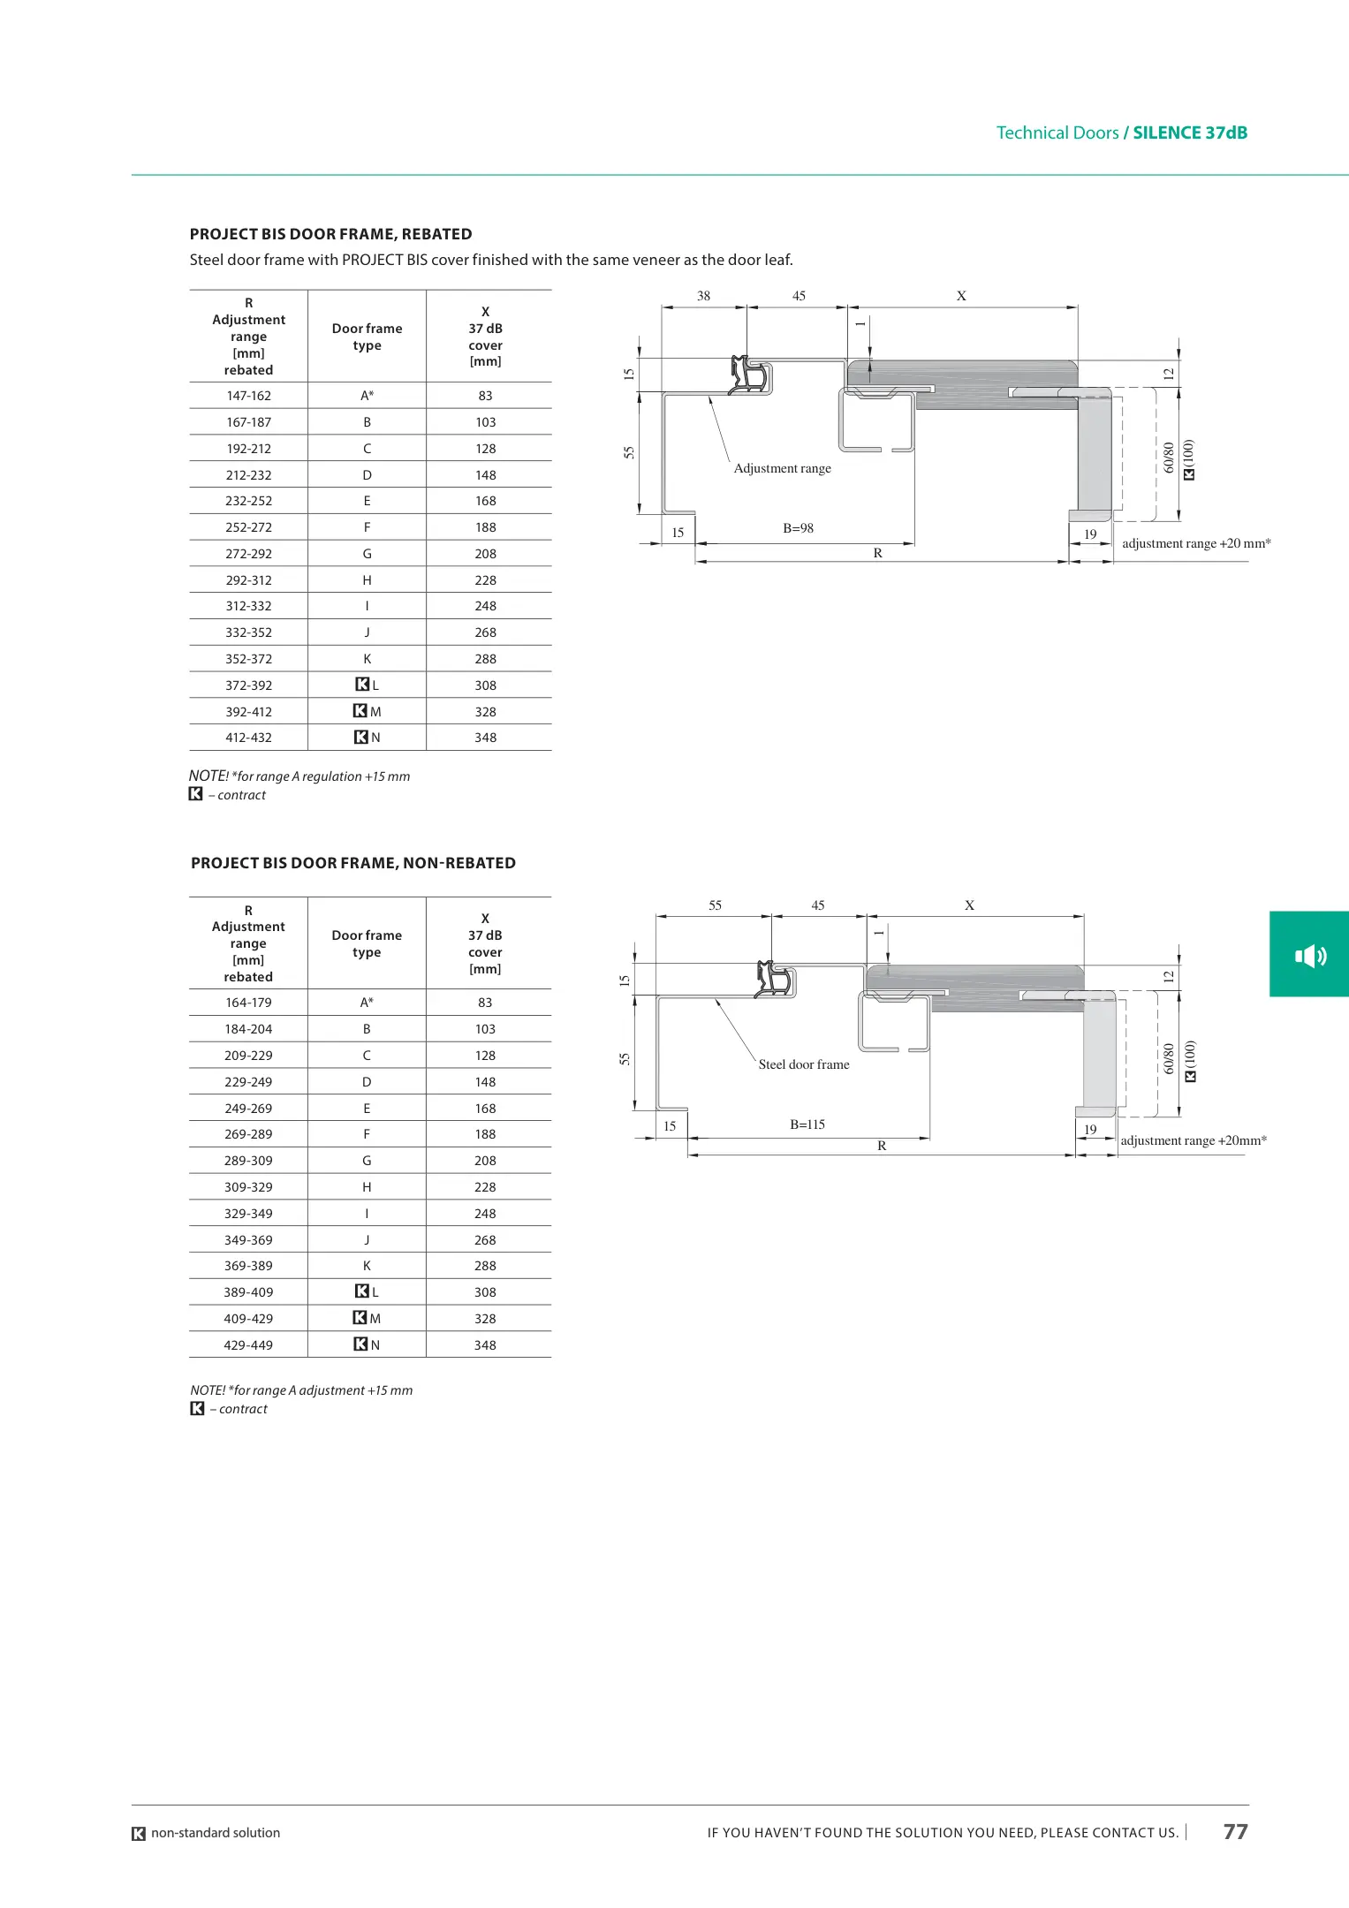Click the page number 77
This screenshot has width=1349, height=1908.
click(1235, 1832)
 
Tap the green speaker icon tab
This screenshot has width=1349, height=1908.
click(1309, 954)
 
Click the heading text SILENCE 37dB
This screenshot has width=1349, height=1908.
click(1190, 132)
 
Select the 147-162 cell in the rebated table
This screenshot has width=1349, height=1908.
click(248, 396)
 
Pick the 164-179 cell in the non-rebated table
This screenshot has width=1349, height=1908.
click(248, 1003)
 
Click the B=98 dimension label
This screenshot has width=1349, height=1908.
click(798, 528)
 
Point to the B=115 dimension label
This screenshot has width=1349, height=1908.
click(807, 1124)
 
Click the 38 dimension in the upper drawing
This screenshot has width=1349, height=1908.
click(703, 296)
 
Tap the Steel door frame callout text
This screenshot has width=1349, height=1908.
click(804, 1064)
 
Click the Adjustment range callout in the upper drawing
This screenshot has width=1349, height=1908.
click(783, 468)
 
